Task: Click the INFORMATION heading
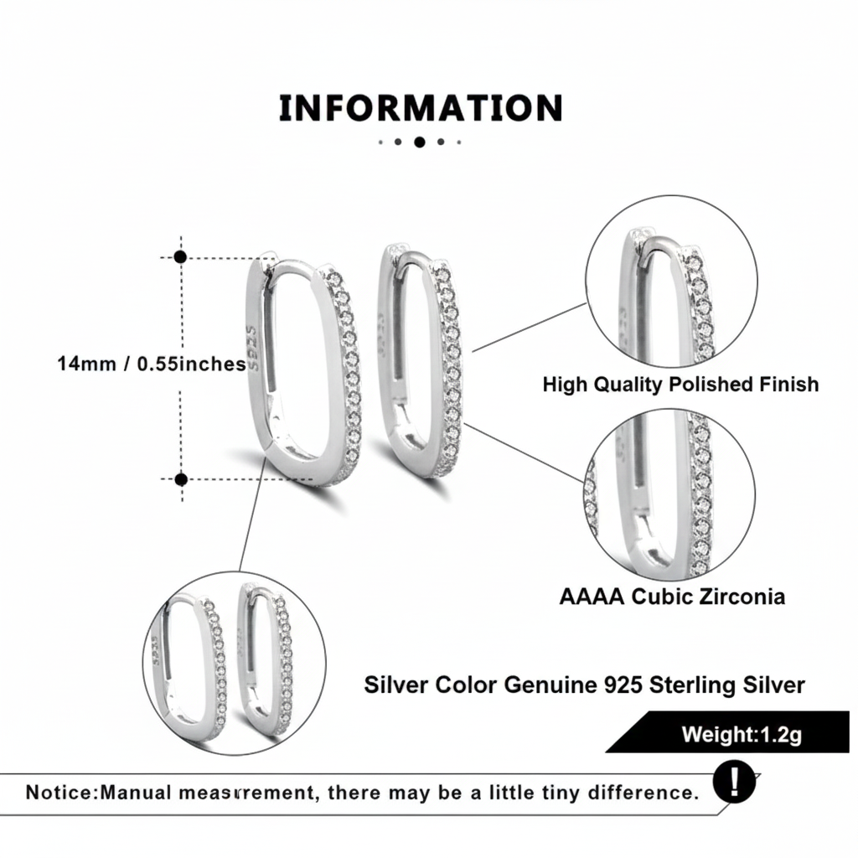[420, 109]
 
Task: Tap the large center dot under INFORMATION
[420, 142]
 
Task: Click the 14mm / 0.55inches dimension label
[152, 364]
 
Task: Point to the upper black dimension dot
[180, 257]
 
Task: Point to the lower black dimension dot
[180, 479]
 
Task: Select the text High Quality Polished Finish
[680, 385]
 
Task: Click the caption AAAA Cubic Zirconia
[672, 597]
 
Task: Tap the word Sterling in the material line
[695, 685]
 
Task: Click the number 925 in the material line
[623, 685]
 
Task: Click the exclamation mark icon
[735, 783]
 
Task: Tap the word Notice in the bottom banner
[60, 793]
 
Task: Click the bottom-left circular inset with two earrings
[235, 662]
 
